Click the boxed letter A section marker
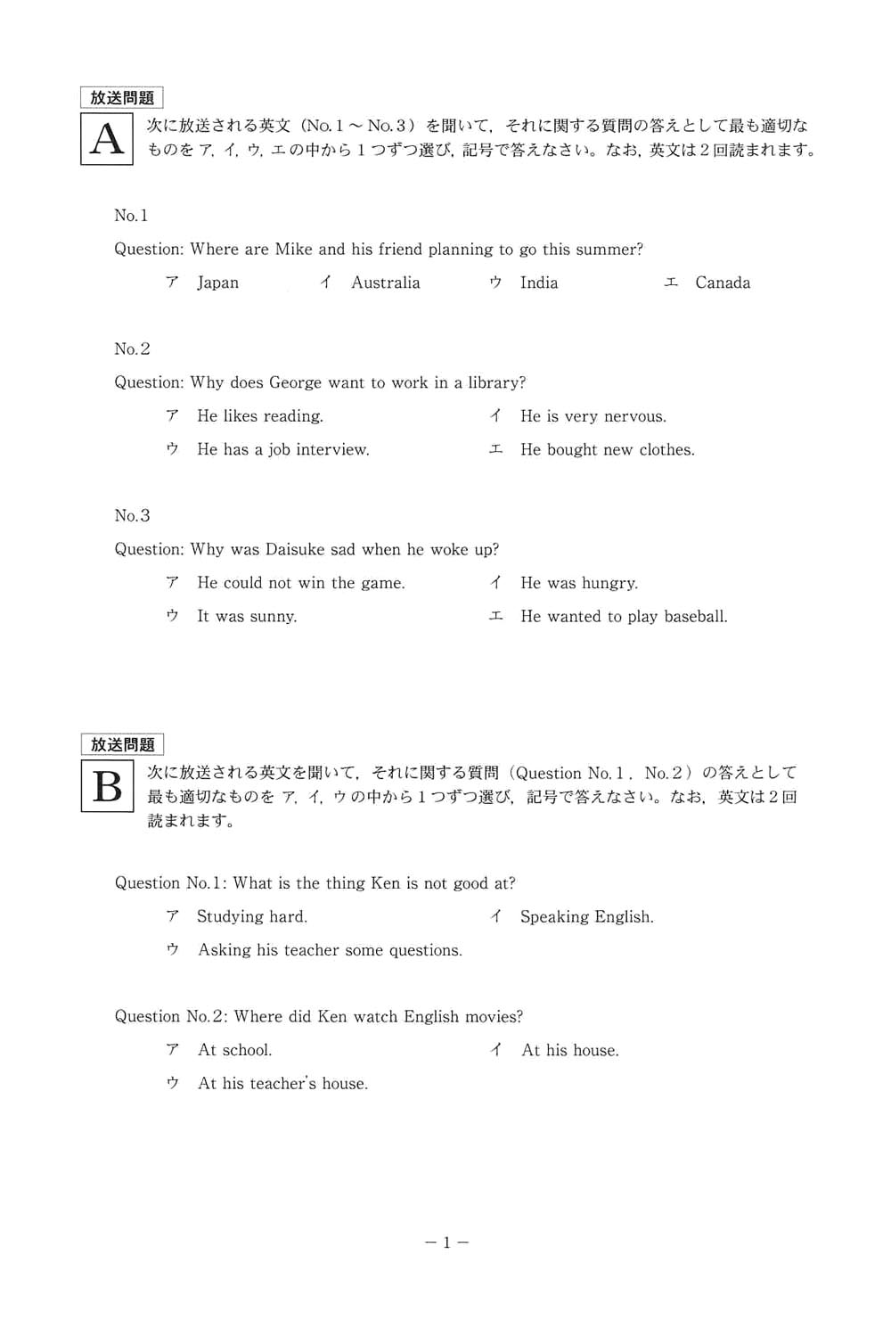[107, 139]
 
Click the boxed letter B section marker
[107, 786]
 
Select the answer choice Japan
[217, 283]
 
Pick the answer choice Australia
[385, 283]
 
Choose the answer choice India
[539, 283]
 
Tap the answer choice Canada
[723, 283]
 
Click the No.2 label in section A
[132, 349]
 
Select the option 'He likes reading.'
[260, 416]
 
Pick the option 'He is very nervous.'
[593, 416]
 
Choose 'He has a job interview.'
[283, 449]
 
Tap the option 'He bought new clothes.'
[608, 449]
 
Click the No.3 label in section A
[132, 515]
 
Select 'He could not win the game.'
[301, 583]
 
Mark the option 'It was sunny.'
[247, 616]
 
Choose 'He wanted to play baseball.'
[624, 616]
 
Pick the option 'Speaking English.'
[587, 916]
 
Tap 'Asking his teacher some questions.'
[330, 950]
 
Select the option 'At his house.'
[570, 1050]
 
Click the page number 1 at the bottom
[446, 1242]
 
